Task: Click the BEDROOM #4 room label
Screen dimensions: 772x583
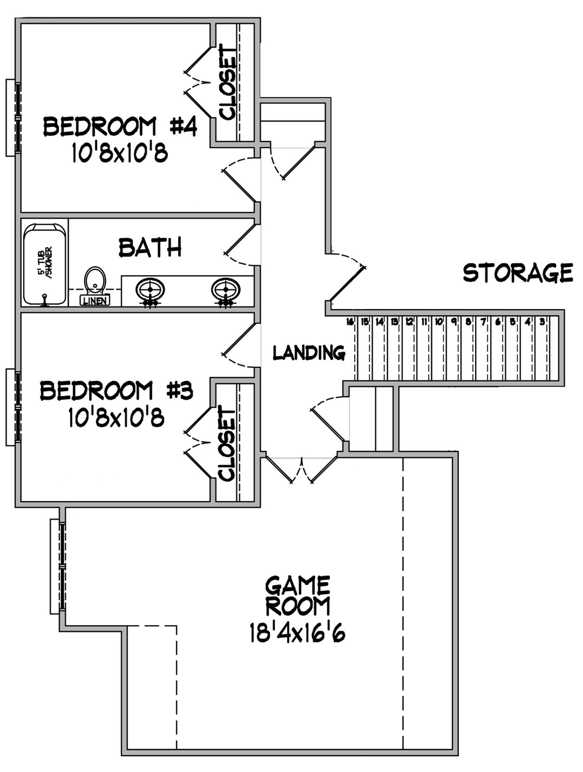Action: (120, 127)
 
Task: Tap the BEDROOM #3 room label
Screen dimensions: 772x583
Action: (117, 391)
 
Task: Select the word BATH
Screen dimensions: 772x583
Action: (150, 248)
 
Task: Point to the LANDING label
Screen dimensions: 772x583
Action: (309, 353)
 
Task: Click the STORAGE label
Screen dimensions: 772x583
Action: (518, 273)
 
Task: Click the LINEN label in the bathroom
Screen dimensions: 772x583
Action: (95, 300)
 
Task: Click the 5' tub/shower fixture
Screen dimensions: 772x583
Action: (44, 264)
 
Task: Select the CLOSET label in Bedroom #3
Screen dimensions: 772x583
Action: (227, 443)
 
